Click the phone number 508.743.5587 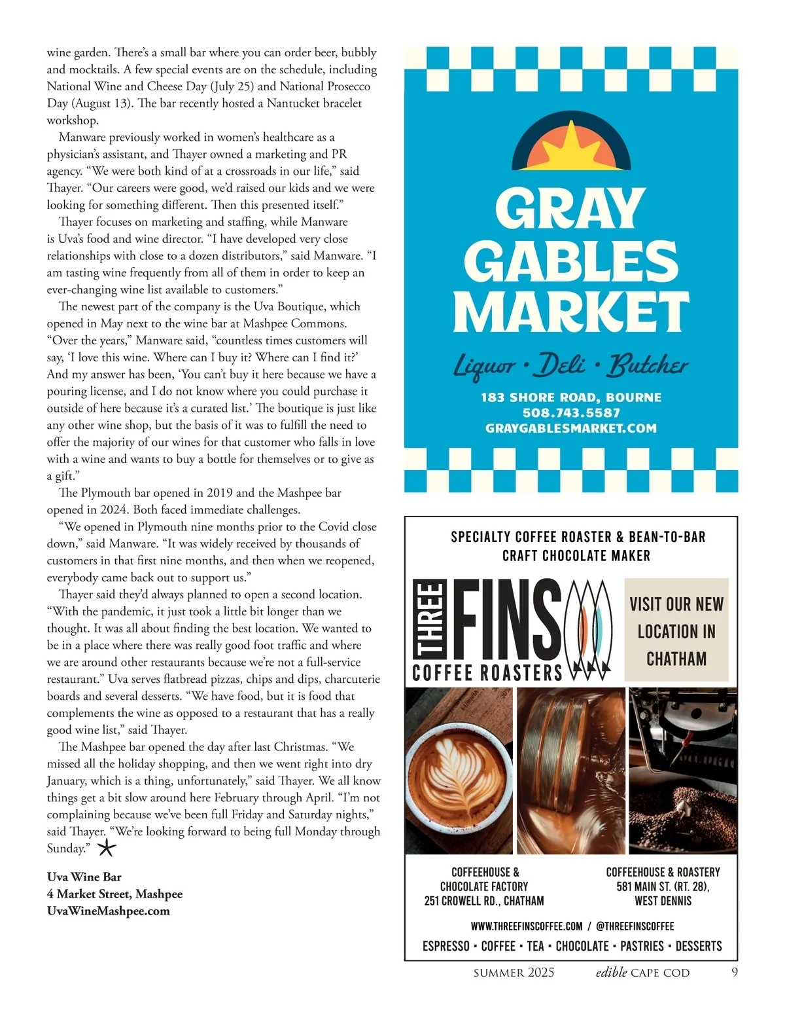coord(571,413)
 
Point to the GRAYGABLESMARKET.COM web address coord(571,429)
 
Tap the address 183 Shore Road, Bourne coord(571,397)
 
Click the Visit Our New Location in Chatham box coord(676,630)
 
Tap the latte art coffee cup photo coord(459,771)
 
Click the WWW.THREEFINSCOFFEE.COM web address coord(527,926)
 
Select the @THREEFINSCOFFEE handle coord(635,926)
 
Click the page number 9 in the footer coord(735,972)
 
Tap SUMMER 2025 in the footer coord(514,973)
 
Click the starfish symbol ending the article coord(107,849)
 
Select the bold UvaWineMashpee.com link coord(108,911)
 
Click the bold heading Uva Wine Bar coord(84,877)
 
